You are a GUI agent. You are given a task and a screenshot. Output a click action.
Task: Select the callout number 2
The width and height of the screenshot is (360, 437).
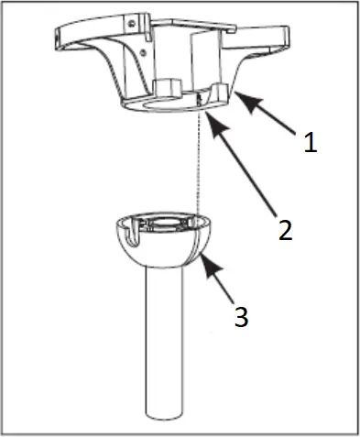click(286, 229)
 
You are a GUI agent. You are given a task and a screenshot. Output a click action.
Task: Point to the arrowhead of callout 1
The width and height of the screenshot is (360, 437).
click(237, 93)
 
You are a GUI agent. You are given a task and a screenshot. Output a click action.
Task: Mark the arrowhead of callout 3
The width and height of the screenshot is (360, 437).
click(202, 258)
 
